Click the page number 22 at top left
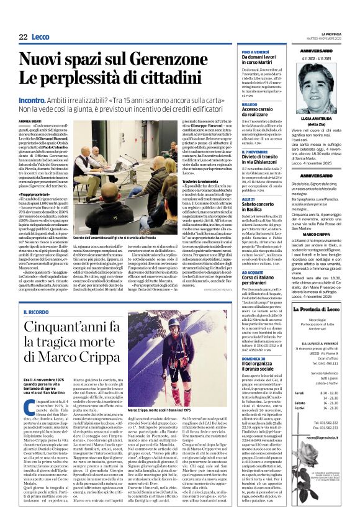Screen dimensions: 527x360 click(23, 37)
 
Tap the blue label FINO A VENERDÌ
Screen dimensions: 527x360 click(256, 51)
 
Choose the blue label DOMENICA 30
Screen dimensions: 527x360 click(254, 341)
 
